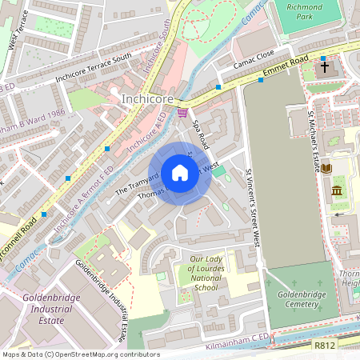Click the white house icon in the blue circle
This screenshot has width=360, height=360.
[x=180, y=173]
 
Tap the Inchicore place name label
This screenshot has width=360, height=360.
[x=146, y=99]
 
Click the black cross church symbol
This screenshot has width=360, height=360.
[x=324, y=68]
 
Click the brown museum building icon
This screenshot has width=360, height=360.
[x=337, y=192]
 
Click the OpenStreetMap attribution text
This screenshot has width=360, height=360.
[x=80, y=354]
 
